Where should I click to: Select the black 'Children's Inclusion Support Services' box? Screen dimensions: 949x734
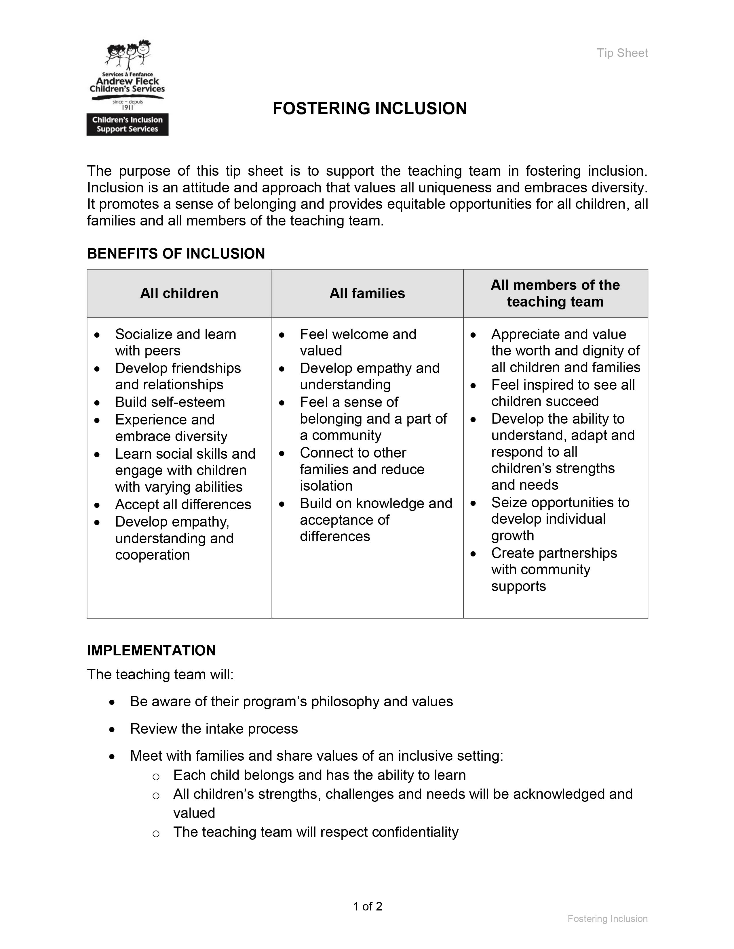tap(128, 125)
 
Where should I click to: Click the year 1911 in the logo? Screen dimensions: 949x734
tap(128, 107)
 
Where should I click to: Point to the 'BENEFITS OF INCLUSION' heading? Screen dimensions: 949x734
tap(176, 254)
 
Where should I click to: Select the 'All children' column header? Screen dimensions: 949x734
tap(179, 293)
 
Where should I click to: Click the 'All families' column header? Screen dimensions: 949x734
tap(367, 293)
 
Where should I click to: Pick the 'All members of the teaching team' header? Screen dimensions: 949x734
tap(555, 293)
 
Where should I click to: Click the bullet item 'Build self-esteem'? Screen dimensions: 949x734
tap(170, 402)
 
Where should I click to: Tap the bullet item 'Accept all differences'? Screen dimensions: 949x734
tap(183, 504)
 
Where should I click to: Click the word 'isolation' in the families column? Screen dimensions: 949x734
tap(326, 486)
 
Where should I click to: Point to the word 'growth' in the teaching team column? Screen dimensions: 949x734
tap(512, 536)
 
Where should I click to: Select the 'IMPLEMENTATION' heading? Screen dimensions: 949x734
tap(151, 650)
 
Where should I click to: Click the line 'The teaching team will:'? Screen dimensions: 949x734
tap(160, 674)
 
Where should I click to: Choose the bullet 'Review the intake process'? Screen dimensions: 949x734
tap(214, 729)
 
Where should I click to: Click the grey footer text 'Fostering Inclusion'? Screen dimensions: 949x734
tap(607, 919)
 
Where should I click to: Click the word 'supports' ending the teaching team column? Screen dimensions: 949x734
tap(518, 586)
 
